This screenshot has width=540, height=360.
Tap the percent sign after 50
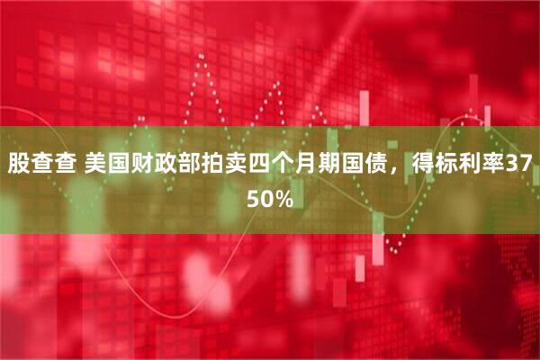pyautogui.click(x=282, y=200)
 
